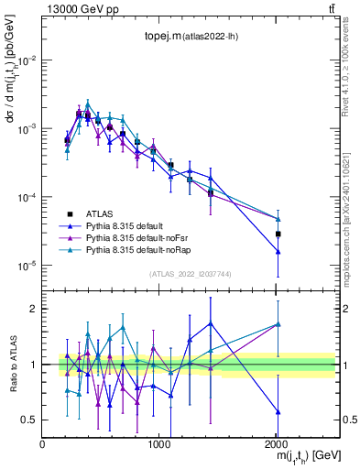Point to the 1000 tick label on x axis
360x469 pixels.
[x=159, y=442]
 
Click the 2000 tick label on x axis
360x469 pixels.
[x=277, y=442]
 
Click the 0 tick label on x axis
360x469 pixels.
[x=42, y=442]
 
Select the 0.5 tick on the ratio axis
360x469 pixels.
[x=29, y=420]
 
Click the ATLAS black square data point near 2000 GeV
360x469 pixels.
[x=278, y=234]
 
